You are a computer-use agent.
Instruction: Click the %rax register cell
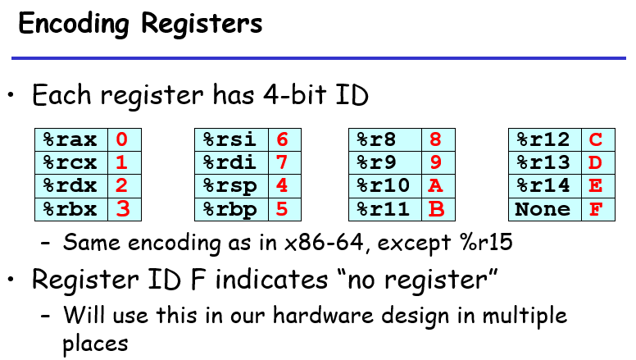coord(71,139)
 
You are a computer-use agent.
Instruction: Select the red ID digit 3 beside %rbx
coord(123,209)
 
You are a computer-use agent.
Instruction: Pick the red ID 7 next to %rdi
coord(282,162)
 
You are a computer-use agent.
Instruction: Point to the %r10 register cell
coord(385,186)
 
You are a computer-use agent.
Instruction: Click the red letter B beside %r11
coord(436,209)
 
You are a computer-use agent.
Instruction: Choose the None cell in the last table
coord(543,209)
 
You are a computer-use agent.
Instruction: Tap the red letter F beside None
coord(596,209)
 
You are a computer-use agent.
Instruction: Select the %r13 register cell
coord(543,162)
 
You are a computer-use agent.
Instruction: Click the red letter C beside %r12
coord(596,139)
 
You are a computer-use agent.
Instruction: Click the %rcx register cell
coord(71,162)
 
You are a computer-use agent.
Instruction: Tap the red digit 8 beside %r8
coord(436,139)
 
